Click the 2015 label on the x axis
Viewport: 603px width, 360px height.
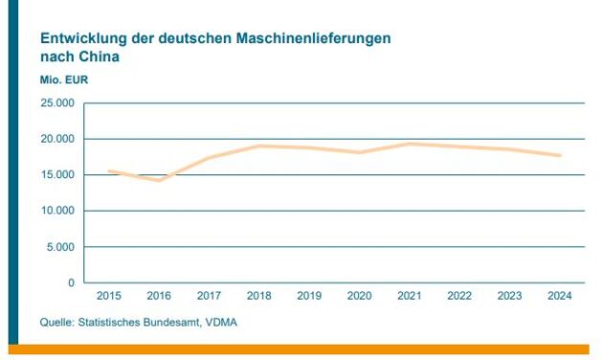pyautogui.click(x=108, y=297)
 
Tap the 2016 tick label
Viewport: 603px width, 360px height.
pyautogui.click(x=159, y=297)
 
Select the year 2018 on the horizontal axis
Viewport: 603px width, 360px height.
pyautogui.click(x=258, y=297)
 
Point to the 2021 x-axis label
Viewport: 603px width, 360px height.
pyautogui.click(x=410, y=297)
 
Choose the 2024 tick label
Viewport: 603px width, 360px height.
pyautogui.click(x=559, y=297)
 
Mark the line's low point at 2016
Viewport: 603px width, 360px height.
pyautogui.click(x=159, y=180)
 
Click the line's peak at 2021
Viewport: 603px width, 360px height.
pyautogui.click(x=410, y=144)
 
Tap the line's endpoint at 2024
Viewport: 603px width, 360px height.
pyautogui.click(x=559, y=155)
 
